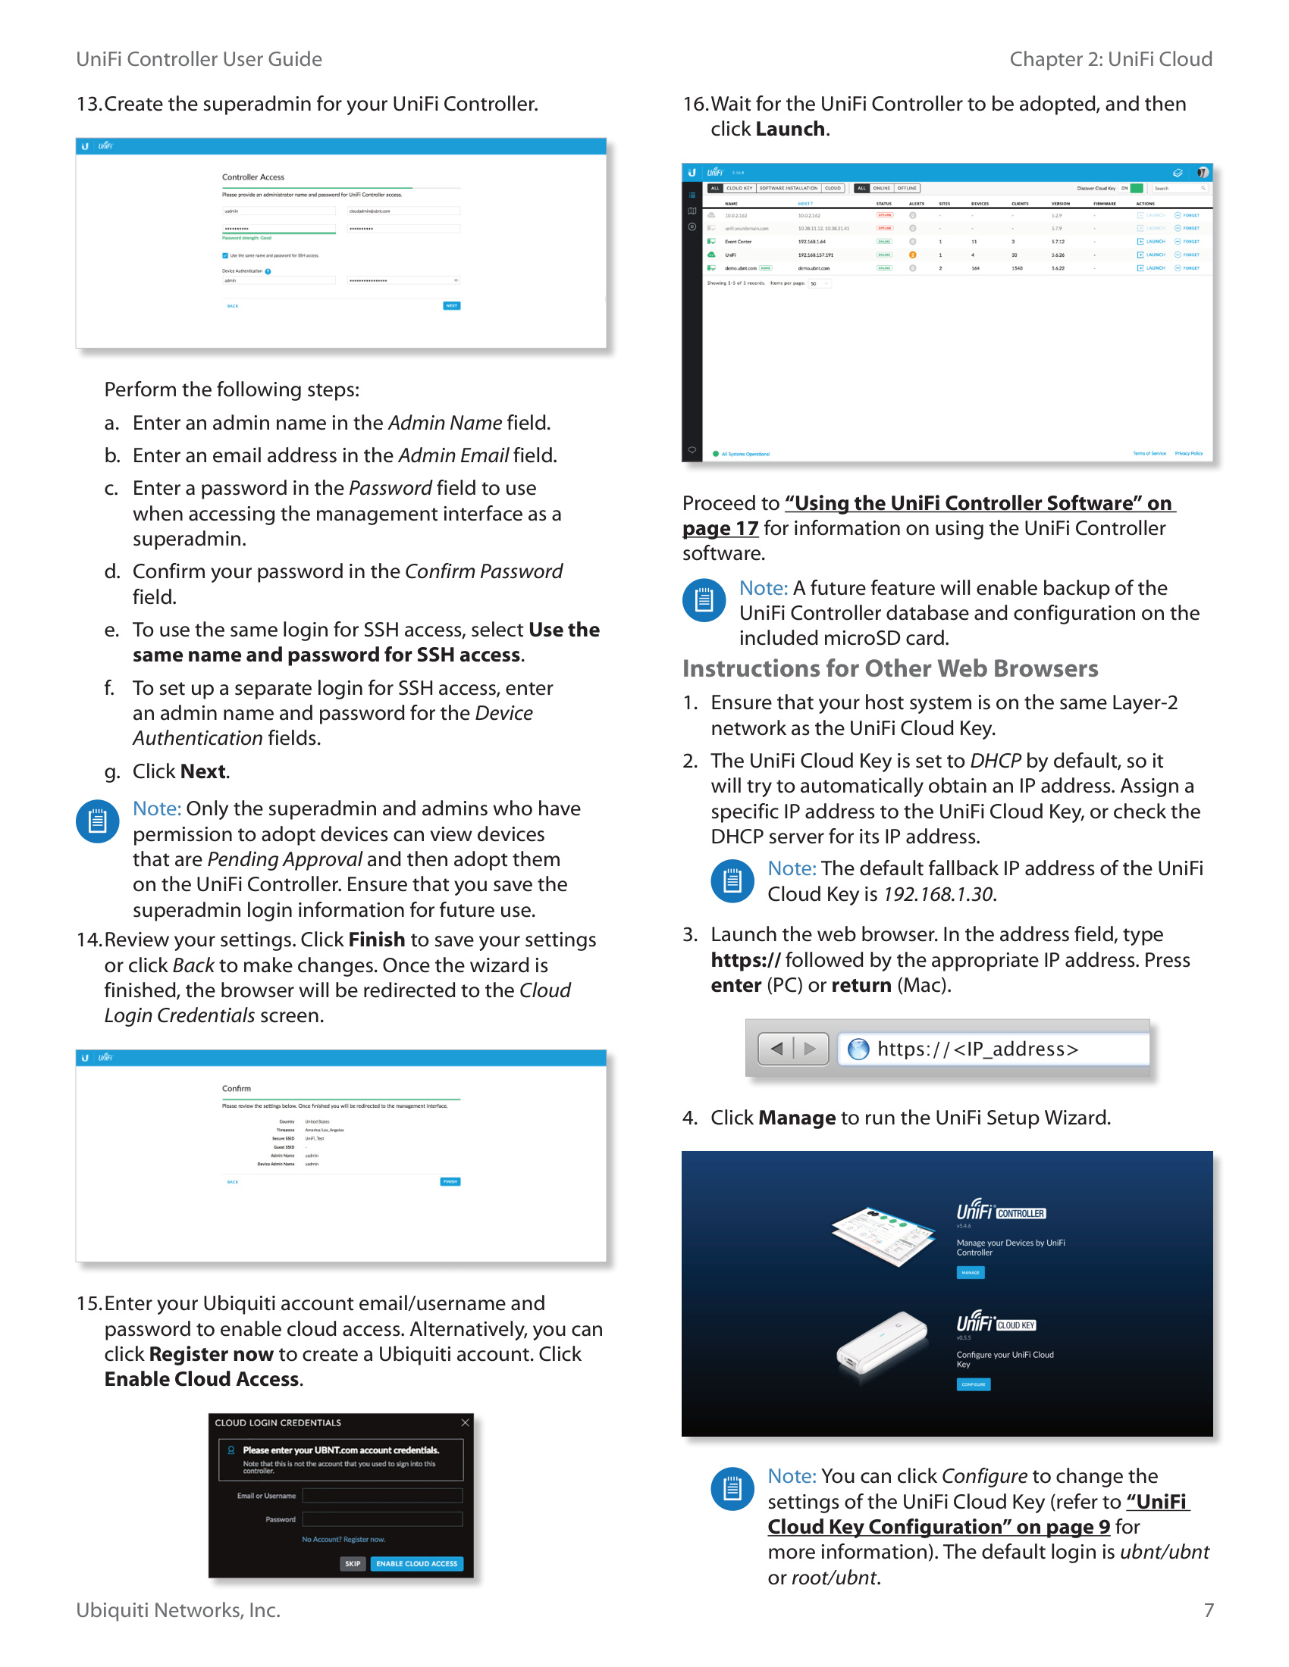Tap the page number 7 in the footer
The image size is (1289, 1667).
click(1208, 1609)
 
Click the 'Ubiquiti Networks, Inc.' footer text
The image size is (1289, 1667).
click(178, 1609)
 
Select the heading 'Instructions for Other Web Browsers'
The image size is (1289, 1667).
click(889, 668)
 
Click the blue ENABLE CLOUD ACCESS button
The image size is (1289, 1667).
click(416, 1563)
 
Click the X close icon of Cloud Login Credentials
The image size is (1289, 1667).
click(465, 1423)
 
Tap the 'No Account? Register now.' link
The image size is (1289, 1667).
click(343, 1539)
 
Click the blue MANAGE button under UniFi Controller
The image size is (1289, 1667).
click(971, 1272)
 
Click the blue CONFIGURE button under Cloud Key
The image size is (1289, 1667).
click(973, 1384)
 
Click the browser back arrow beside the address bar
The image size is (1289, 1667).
click(776, 1049)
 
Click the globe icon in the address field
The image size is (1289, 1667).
click(858, 1049)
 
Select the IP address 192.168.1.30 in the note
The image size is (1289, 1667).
click(938, 894)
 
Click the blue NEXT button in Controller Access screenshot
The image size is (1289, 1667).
click(451, 305)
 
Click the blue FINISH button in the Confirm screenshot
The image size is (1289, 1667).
click(450, 1181)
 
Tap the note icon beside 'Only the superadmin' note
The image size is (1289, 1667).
click(98, 821)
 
